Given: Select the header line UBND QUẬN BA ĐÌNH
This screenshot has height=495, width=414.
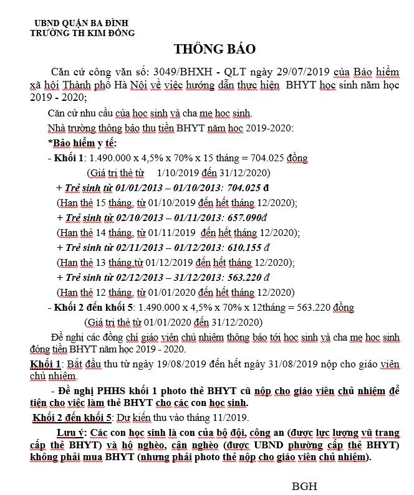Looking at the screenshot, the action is [x=77, y=24].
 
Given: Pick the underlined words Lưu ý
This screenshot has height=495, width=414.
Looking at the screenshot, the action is [x=70, y=433].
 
